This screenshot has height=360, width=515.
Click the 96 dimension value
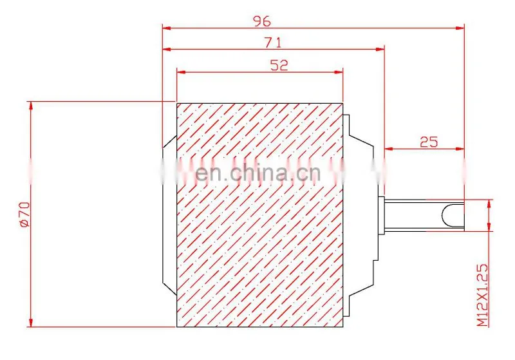coord(262,21)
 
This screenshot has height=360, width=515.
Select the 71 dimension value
coord(273,43)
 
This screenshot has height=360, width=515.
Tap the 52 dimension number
coord(279,65)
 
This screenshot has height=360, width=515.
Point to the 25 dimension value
coord(429,142)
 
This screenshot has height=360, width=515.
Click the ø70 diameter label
coord(25,214)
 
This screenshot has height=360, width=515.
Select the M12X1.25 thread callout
coord(482,295)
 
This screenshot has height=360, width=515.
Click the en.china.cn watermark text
coord(258,173)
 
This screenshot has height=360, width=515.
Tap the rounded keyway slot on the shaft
coord(453,215)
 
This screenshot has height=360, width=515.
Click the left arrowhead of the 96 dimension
coord(167,28)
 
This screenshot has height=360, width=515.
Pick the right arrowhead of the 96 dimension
coord(460,28)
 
